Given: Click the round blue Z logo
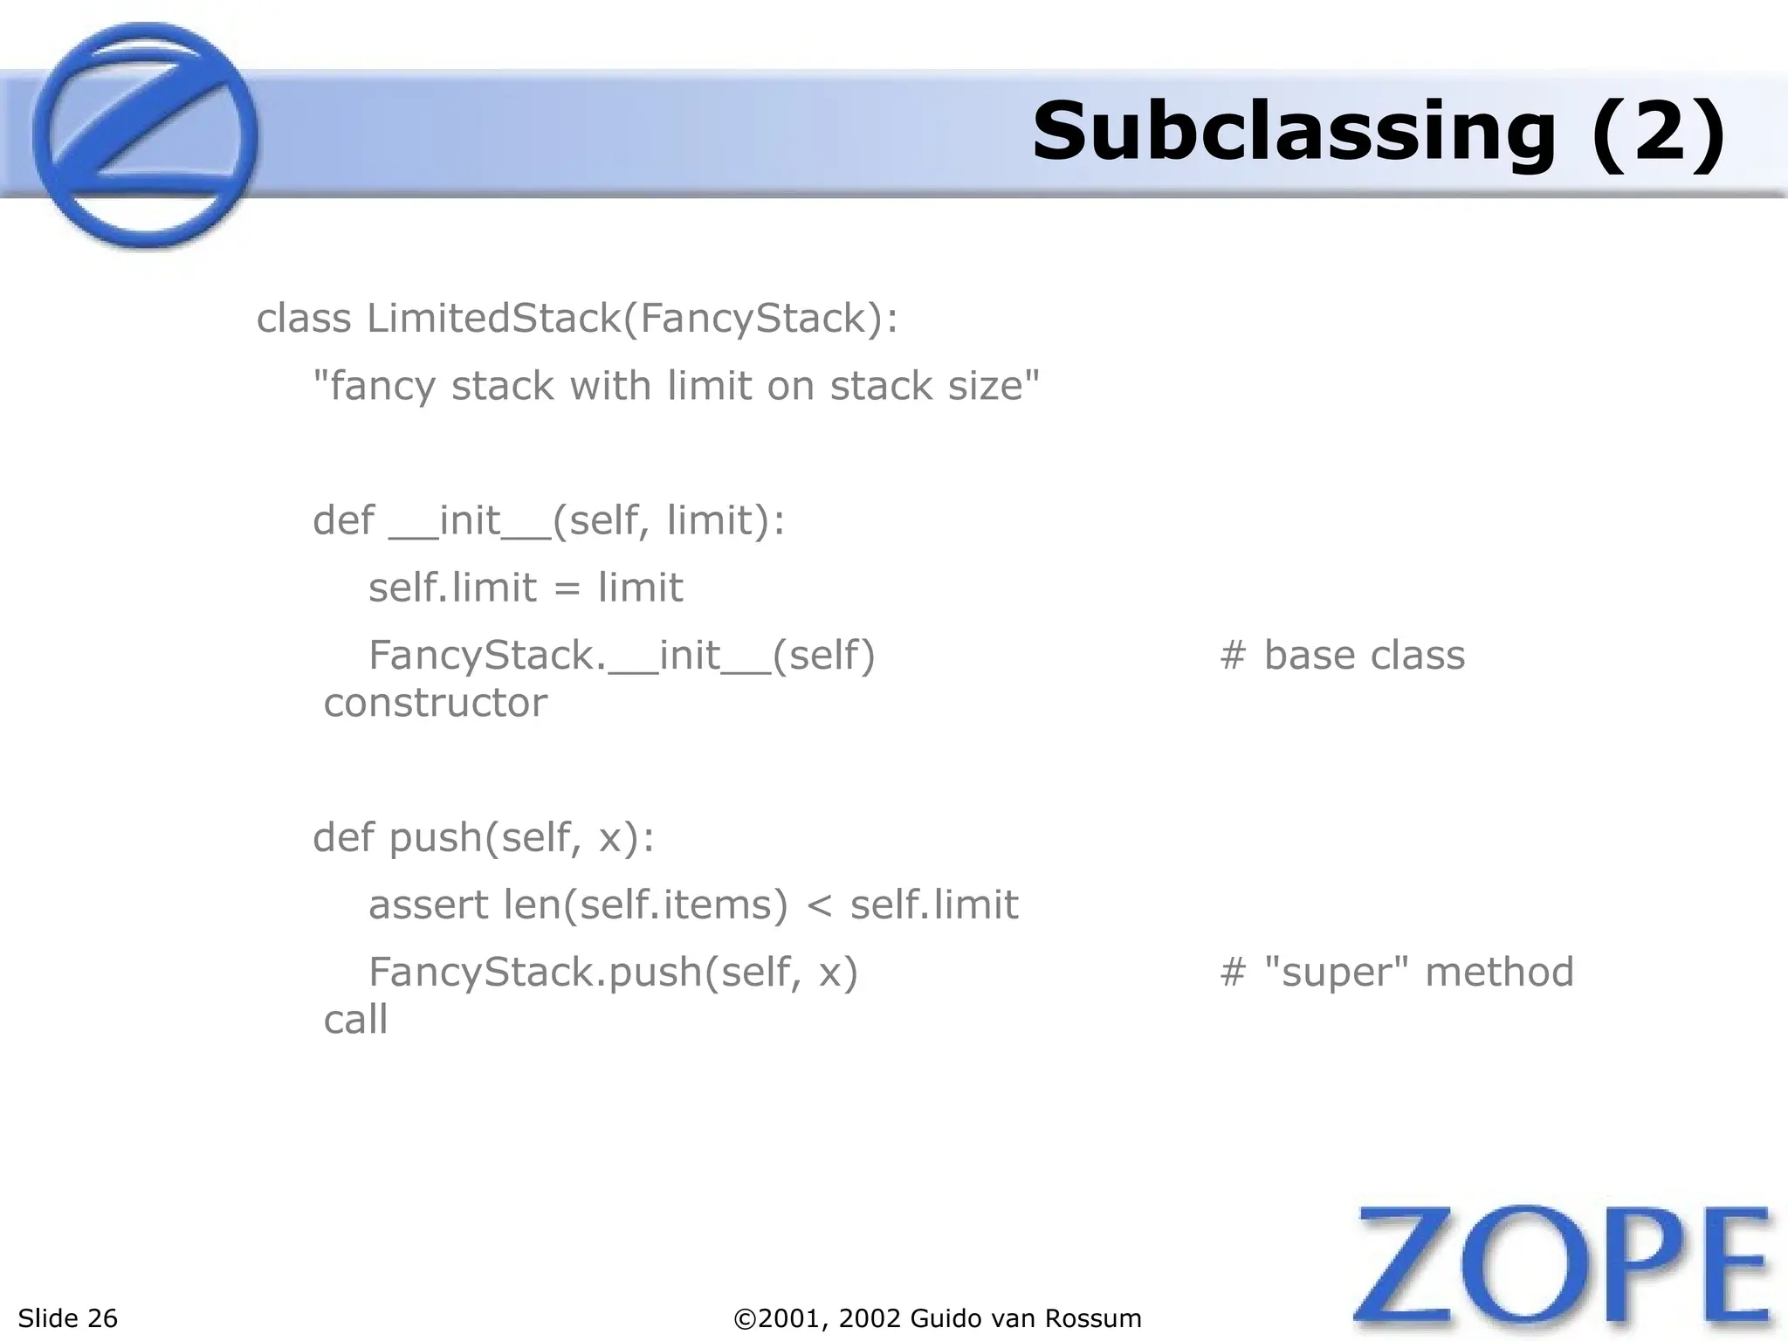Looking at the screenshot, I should click(x=145, y=136).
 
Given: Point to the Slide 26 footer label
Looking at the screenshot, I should click(x=68, y=1318).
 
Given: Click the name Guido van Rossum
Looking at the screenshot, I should click(x=1026, y=1318).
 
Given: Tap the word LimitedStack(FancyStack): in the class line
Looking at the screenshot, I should click(x=632, y=318).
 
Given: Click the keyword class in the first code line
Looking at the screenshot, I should click(x=304, y=318).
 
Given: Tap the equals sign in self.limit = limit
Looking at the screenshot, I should click(x=567, y=588).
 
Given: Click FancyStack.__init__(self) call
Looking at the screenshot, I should click(x=622, y=655).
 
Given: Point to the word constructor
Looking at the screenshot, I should click(x=435, y=703).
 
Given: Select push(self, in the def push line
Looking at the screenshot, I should click(x=485, y=837).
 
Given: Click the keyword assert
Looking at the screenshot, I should click(x=428, y=904).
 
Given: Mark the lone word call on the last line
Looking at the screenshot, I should click(x=355, y=1020).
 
